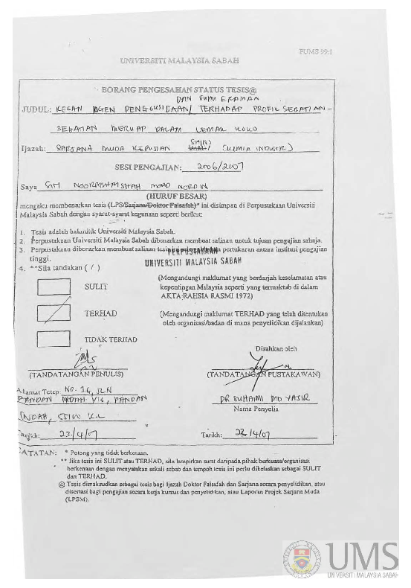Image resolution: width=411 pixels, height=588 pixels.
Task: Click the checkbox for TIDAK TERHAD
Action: pyautogui.click(x=54, y=339)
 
